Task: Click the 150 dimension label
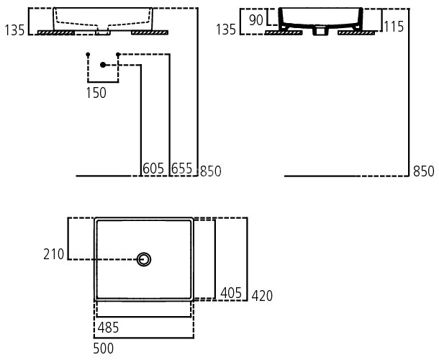96,92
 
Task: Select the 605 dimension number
153,168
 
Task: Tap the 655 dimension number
181,168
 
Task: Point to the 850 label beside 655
210,171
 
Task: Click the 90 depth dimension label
255,19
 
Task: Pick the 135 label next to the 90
227,30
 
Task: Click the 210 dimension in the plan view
54,253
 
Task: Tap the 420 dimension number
262,296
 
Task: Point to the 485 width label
108,328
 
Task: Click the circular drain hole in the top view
145,259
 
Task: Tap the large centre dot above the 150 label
104,66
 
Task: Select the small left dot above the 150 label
87,55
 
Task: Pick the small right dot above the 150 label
118,55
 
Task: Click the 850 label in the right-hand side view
424,171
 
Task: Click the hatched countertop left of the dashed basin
53,32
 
